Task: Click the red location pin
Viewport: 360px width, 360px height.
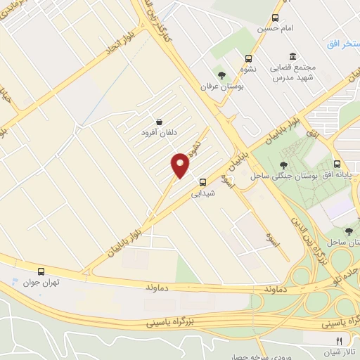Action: [x=181, y=165]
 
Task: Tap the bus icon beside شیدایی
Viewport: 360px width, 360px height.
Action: [x=202, y=180]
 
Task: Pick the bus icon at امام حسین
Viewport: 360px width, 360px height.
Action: [x=275, y=18]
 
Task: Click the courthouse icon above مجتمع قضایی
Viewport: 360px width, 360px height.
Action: [x=292, y=56]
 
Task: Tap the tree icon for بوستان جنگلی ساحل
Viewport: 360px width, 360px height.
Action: [x=284, y=165]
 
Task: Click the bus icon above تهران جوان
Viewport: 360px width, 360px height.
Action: [x=41, y=271]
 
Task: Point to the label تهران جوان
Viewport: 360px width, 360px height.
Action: [x=41, y=283]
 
